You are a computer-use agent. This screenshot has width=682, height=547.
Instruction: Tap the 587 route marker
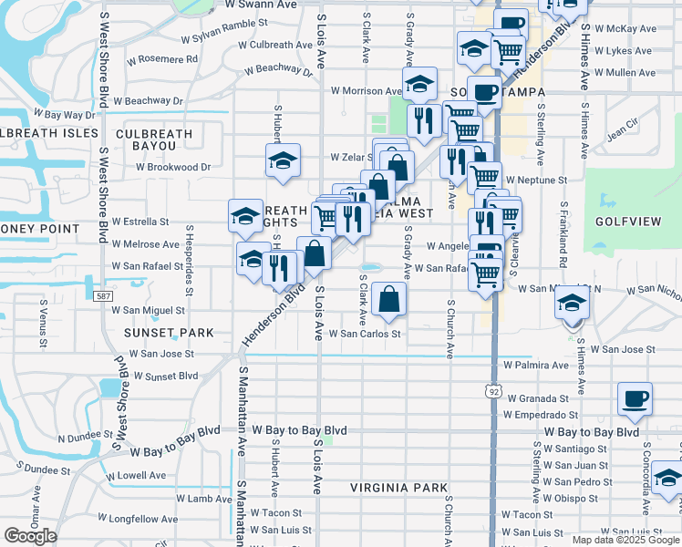(x=106, y=296)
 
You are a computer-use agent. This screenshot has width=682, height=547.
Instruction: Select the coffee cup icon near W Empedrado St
(x=635, y=398)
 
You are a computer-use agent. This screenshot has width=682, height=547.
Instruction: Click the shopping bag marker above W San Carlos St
(x=389, y=299)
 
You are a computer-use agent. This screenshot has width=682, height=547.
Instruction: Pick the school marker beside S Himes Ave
(x=573, y=304)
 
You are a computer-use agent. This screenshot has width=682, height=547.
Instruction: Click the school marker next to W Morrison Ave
(x=419, y=85)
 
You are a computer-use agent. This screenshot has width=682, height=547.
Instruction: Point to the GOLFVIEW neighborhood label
(x=623, y=222)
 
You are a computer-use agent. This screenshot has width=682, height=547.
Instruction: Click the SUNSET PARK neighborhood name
(x=168, y=334)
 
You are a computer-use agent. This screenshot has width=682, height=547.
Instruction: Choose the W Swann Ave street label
(x=260, y=5)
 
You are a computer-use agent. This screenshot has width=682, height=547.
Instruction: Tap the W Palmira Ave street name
(x=536, y=366)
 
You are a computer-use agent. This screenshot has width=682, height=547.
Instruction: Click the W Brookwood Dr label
(x=173, y=168)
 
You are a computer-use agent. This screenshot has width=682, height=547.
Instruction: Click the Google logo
(x=30, y=536)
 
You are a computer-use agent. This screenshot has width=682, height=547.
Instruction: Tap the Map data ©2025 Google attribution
(x=625, y=540)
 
